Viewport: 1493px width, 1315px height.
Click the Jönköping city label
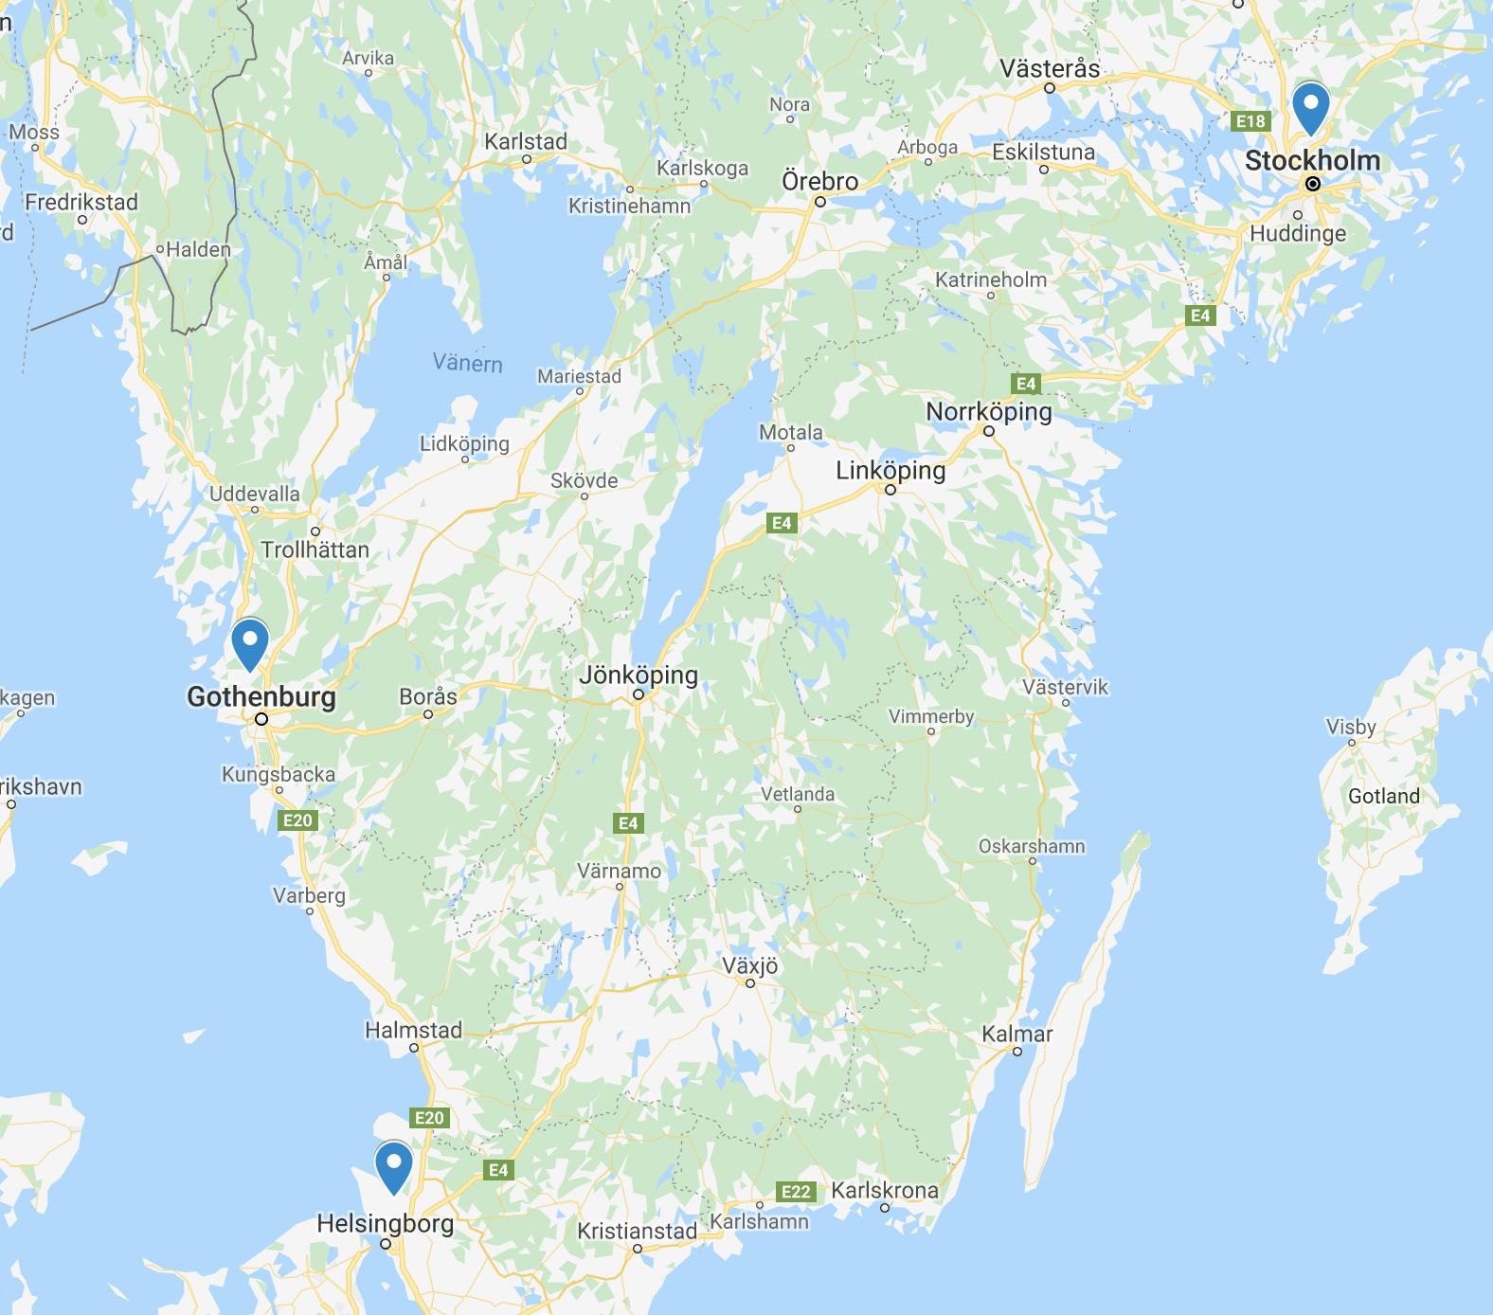coord(639,676)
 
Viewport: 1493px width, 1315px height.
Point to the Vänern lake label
coord(468,363)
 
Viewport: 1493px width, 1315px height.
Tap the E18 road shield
coord(1250,121)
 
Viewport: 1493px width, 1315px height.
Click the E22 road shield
coord(796,1192)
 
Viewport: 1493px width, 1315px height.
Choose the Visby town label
coord(1351,727)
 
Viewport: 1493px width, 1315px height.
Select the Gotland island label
coord(1384,796)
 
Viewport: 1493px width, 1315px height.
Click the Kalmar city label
coord(1017,1034)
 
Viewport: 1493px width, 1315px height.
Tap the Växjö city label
coord(750,965)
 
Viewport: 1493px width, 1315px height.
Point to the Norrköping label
coord(989,412)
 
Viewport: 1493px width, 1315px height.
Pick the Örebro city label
coord(820,181)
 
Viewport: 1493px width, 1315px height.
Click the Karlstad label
coord(526,142)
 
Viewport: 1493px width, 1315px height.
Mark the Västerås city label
coord(1050,69)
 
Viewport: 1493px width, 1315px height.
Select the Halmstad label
coord(414,1030)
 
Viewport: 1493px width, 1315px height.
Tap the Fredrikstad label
coord(81,202)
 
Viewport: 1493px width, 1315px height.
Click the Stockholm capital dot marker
coord(1313,184)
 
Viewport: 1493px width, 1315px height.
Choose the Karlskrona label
coord(885,1190)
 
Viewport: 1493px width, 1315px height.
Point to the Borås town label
coord(428,696)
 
